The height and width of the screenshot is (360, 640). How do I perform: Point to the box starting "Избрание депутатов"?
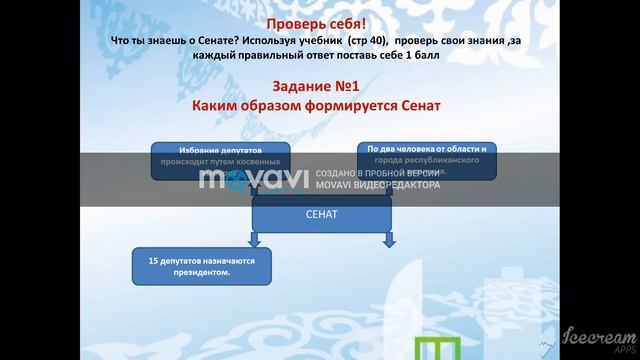pos(221,160)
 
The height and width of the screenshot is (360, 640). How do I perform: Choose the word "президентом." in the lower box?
pos(204,272)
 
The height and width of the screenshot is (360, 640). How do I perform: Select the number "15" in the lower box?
pos(153,260)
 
